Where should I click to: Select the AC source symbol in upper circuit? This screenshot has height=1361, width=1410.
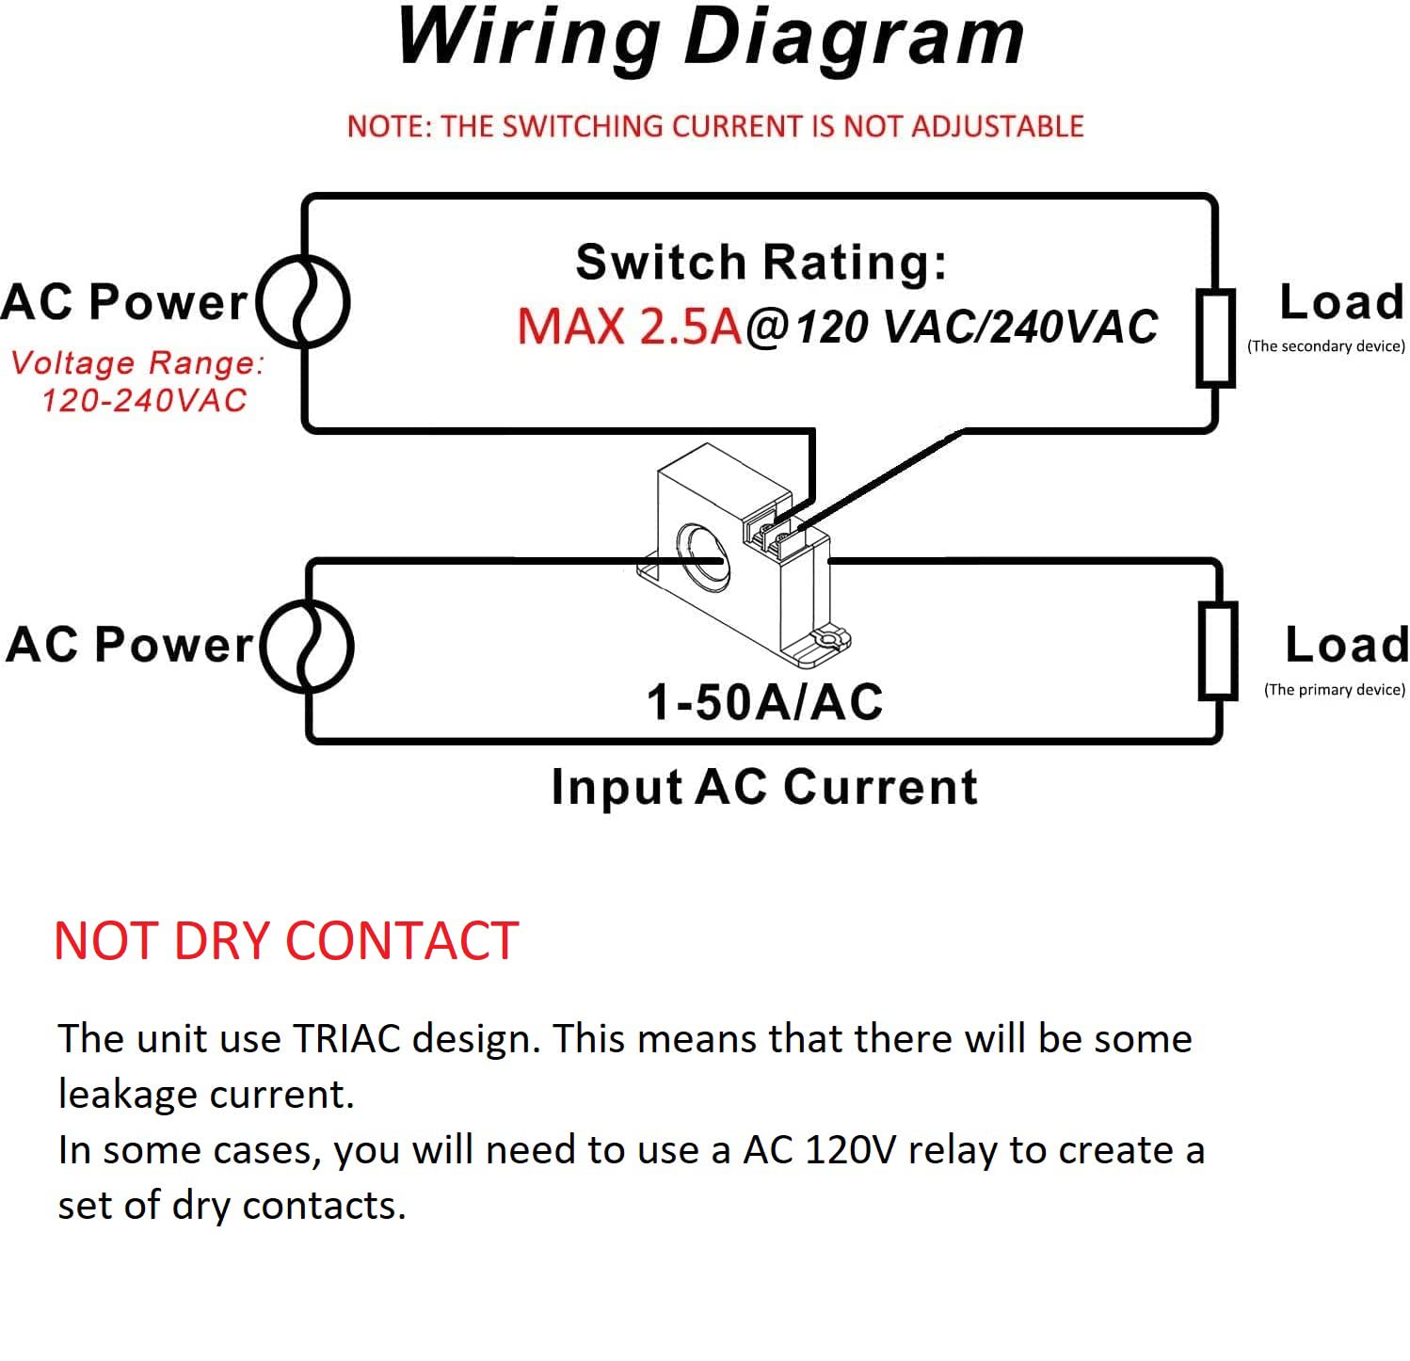tap(304, 302)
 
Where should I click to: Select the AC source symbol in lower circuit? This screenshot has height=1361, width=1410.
tap(307, 646)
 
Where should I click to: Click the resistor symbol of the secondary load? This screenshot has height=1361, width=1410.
tap(1215, 339)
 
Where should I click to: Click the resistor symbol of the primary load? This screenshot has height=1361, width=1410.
tap(1218, 651)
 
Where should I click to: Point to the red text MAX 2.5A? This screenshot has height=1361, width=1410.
tap(629, 327)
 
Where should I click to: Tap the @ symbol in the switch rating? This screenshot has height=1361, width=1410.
tap(767, 328)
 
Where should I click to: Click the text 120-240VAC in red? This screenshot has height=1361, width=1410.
tap(143, 400)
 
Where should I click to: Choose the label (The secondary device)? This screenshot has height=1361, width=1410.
tap(1325, 346)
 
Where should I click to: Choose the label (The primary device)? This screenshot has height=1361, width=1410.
tap(1334, 690)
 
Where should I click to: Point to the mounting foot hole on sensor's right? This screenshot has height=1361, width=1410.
tap(829, 640)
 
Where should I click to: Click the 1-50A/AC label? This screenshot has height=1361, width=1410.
tap(764, 702)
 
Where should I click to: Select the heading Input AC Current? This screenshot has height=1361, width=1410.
tap(764, 787)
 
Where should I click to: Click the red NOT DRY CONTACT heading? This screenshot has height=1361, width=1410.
tap(286, 940)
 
